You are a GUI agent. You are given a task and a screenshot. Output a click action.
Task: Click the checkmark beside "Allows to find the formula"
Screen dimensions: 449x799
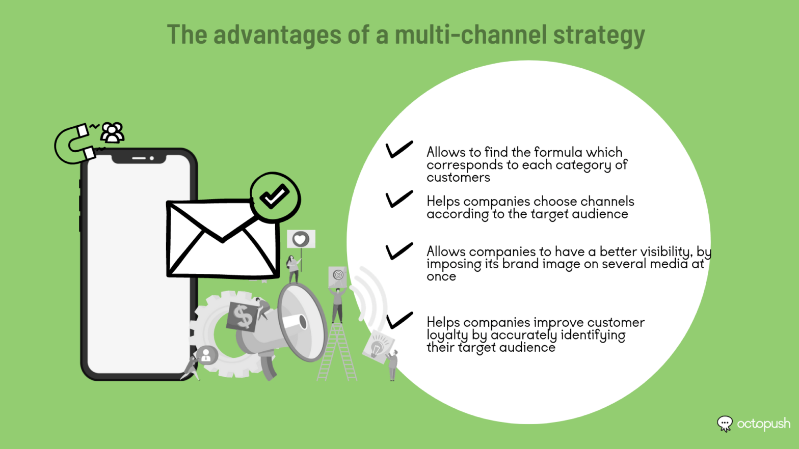pos(399,149)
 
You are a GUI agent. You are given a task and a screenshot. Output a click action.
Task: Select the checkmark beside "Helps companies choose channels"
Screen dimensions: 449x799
pos(399,199)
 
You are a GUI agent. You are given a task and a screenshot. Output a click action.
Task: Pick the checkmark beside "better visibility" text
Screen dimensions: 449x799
pos(399,250)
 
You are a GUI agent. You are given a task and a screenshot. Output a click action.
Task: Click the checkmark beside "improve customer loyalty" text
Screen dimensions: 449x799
pos(399,320)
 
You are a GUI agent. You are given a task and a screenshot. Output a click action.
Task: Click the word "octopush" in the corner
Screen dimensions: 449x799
pos(763,424)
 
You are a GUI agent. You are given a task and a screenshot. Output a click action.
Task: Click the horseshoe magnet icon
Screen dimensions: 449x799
pos(74,144)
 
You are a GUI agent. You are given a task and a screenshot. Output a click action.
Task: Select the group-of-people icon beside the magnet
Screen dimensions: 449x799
pos(112,133)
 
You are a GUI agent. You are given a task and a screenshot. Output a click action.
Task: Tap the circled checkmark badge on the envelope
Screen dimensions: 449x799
pos(275,197)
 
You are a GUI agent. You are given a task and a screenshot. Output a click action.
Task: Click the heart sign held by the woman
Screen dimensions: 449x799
pos(301,239)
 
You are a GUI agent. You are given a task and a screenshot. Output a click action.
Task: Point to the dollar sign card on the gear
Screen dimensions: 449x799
pos(242,317)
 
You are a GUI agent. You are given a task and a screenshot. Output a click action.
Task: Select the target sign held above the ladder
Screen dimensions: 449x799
pos(337,275)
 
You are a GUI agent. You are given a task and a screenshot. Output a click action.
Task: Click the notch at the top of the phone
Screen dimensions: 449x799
pos(139,158)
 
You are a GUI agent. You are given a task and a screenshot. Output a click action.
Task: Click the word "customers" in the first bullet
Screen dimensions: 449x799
pos(458,178)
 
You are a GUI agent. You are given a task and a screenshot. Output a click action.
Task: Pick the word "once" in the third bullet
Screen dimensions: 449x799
pos(441,276)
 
